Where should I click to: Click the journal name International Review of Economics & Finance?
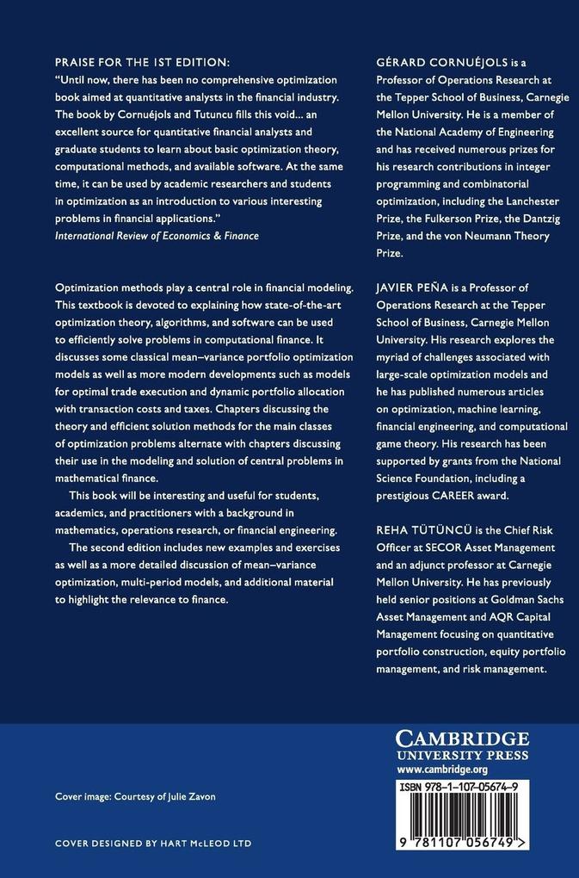tap(156, 235)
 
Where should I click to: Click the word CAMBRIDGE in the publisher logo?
tap(462, 739)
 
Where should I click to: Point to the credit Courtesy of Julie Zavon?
tap(166, 796)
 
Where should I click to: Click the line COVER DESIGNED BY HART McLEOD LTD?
tap(153, 844)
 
